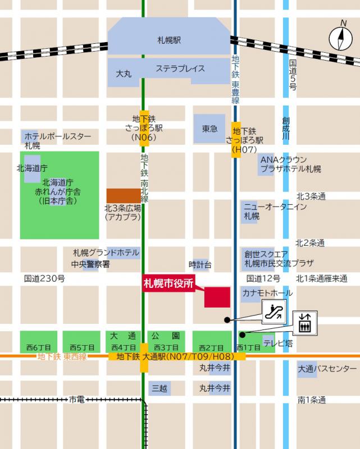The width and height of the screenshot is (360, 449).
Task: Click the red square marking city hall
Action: coord(217,297)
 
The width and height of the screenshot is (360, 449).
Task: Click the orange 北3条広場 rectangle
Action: coord(124,195)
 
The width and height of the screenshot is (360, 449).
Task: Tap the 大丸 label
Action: coord(124,74)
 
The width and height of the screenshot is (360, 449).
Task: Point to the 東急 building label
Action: coord(209,129)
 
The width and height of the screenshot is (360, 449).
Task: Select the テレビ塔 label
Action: coord(278,343)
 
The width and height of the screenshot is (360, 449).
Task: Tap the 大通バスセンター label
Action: coord(327,368)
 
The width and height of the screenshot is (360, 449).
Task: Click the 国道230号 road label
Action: coord(44,278)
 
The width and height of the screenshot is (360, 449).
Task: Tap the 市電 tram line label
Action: coord(76,400)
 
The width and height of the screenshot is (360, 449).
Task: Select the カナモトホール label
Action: coord(267,293)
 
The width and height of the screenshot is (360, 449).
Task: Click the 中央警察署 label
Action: coord(90,264)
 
